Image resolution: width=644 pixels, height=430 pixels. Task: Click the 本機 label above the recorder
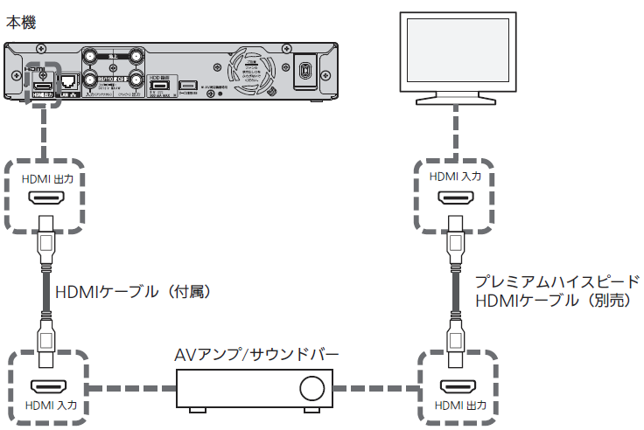[x=22, y=22]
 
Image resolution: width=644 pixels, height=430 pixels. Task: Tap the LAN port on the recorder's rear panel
[x=68, y=78]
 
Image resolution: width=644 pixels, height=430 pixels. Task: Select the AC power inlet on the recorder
[x=305, y=70]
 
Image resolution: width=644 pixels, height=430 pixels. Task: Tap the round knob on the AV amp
[x=310, y=388]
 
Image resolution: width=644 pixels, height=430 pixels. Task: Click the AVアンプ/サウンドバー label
[x=256, y=355]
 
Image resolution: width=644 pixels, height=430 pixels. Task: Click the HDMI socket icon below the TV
[x=454, y=199]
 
